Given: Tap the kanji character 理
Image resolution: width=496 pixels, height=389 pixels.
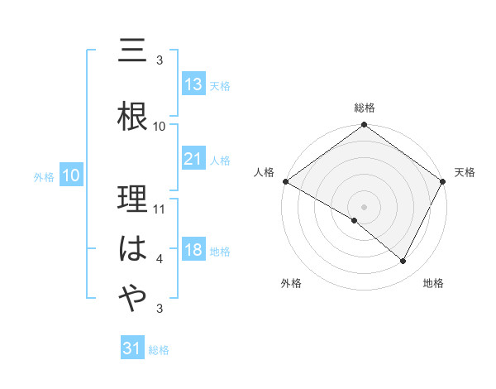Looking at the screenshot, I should (133, 202).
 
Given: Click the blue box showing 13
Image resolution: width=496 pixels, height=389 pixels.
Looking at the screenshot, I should (193, 84).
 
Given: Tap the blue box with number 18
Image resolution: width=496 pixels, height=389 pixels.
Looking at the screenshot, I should (193, 250).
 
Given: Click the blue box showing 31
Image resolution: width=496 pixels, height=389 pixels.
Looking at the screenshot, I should (132, 348).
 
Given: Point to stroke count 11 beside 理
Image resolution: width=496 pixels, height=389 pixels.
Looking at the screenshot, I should (160, 209).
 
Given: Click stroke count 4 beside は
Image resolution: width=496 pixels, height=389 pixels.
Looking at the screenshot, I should (160, 260).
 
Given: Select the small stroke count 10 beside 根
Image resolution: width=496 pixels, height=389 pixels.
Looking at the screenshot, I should (160, 126).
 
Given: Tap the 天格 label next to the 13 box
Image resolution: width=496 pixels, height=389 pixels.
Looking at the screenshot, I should (220, 86).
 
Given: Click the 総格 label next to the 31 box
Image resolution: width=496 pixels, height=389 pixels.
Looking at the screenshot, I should (159, 350).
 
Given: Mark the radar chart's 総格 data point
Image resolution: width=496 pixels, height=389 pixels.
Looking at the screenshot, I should (364, 126).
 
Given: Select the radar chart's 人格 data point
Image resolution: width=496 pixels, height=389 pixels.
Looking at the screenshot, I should (285, 181).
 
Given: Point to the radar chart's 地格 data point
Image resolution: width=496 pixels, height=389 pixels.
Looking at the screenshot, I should (403, 262).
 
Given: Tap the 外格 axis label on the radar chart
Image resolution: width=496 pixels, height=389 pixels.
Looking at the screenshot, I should (291, 284).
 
